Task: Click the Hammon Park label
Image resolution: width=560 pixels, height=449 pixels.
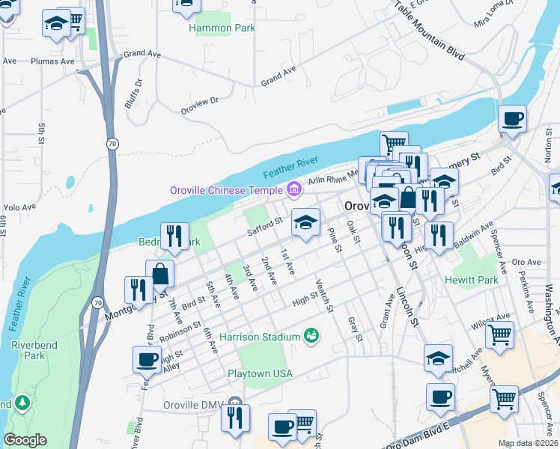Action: tap(222, 28)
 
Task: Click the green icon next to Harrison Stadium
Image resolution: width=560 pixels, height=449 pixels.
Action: tap(311, 337)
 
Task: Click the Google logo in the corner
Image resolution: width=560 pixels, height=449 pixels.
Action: tap(25, 440)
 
